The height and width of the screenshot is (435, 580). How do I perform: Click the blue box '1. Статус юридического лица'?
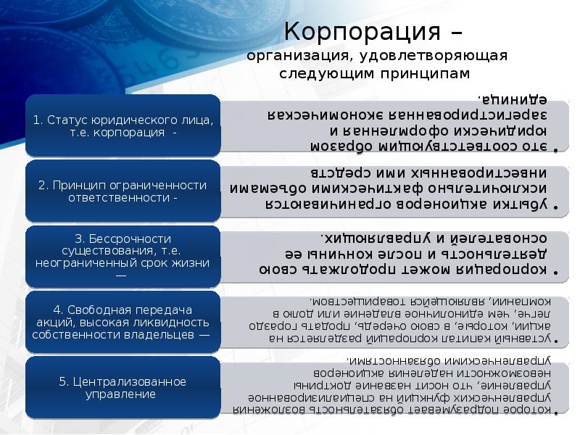click(x=123, y=125)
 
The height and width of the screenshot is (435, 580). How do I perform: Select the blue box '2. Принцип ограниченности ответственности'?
click(x=123, y=191)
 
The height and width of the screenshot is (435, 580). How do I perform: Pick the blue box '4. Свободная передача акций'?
click(x=123, y=322)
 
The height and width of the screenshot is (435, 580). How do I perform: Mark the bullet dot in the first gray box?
click(x=556, y=149)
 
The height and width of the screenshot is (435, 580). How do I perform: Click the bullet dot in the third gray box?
click(x=556, y=273)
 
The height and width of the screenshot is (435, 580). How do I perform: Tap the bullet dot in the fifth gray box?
click(x=556, y=413)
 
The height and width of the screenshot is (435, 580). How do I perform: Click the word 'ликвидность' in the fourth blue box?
click(x=178, y=322)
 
